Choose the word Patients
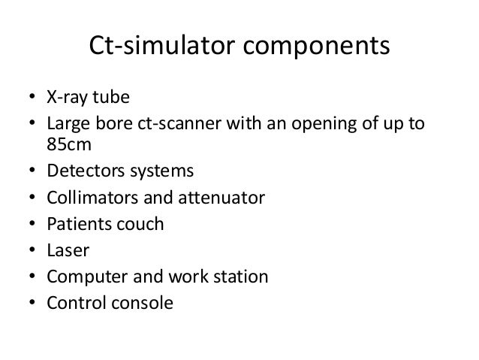(x=78, y=224)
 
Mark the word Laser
(x=68, y=250)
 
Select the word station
(x=238, y=277)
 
